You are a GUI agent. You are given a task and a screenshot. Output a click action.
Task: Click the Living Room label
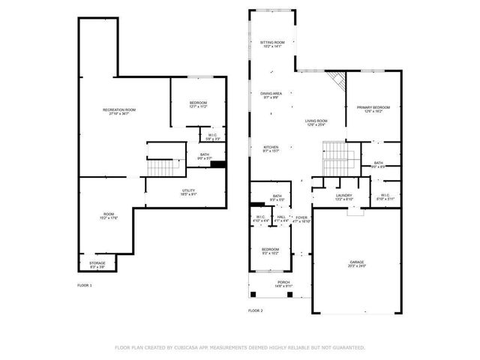pos(316,122)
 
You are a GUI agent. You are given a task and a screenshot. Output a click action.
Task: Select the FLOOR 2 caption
pos(256,310)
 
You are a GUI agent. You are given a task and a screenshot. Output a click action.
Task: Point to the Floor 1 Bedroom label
pos(198,104)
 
